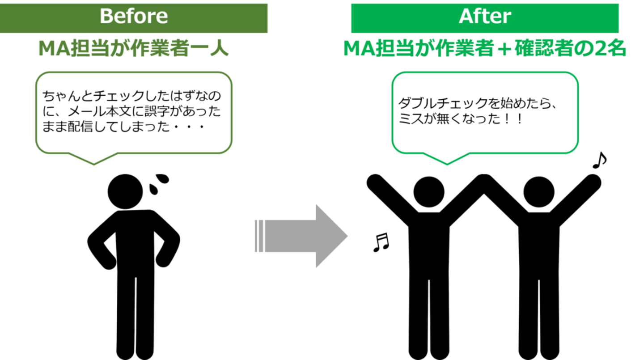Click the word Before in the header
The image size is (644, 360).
click(133, 16)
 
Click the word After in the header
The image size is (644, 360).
click(485, 16)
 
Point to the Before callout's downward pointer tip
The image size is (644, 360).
click(94, 165)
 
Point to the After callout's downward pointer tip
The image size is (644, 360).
click(447, 165)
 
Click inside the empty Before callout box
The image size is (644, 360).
click(134, 112)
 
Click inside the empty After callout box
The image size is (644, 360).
click(485, 112)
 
